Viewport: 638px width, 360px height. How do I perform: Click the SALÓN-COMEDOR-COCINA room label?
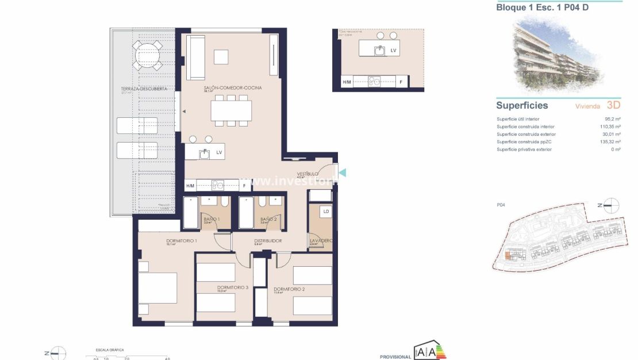pos(233,87)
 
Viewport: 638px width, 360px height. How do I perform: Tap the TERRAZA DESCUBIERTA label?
pos(144,89)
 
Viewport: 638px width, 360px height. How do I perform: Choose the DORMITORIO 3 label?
pos(233,287)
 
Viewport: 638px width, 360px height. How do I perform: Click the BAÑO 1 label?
pos(212,219)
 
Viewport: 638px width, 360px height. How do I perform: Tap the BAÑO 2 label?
pos(269,219)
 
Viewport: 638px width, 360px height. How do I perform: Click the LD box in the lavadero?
pos(326,212)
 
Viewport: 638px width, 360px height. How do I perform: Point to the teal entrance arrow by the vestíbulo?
pos(343,173)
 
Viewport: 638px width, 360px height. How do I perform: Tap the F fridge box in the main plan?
pos(244,186)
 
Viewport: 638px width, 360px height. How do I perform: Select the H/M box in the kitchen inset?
pos(347,82)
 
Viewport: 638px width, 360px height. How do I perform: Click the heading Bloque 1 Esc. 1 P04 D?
pos(542,7)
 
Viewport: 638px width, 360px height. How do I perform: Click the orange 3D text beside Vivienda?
pos(614,105)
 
